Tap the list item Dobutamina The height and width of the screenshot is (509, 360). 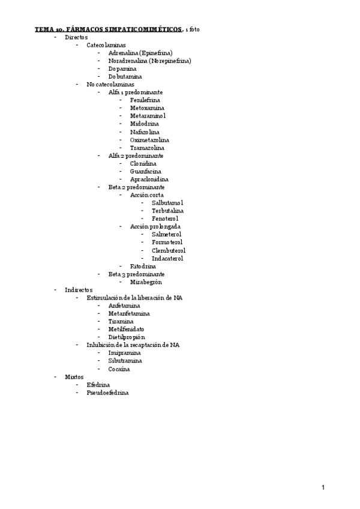point(125,76)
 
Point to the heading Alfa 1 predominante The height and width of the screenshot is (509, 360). point(135,92)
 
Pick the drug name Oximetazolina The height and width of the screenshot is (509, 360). point(149,140)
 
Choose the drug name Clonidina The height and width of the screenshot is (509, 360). point(143,163)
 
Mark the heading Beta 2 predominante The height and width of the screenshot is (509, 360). point(136,187)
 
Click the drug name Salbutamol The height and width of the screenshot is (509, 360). point(167,203)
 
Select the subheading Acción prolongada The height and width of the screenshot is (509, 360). point(155,227)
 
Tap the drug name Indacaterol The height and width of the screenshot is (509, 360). point(167,258)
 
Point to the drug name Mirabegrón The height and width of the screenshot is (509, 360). point(146,282)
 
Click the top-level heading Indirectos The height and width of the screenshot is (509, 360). point(79,290)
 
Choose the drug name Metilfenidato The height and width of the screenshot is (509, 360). point(126,329)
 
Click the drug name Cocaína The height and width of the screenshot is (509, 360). point(119,369)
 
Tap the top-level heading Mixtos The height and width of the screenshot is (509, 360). point(74,377)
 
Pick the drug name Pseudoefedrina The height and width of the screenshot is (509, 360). point(107,393)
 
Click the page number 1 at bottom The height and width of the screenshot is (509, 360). point(323,487)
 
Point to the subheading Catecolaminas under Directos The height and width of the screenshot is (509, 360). point(106,45)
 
